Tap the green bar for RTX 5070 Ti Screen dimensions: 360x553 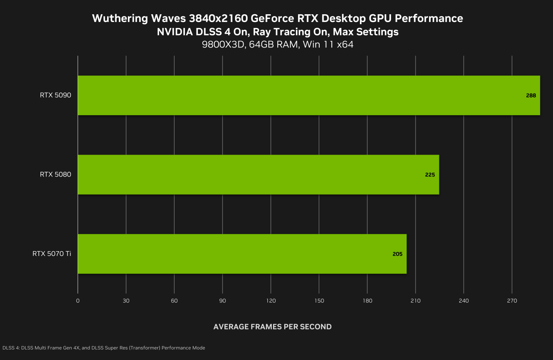242,254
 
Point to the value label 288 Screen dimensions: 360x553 531,95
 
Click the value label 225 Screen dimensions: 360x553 430,175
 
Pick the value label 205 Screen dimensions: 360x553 397,254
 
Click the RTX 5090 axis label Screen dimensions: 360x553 55,95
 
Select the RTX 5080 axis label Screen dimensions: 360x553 55,174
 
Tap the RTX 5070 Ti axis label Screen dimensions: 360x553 51,254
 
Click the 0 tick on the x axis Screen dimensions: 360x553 78,300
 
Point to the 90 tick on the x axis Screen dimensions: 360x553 222,300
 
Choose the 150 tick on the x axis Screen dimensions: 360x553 319,300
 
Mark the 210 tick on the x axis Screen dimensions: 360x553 415,300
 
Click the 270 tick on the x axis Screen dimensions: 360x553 512,300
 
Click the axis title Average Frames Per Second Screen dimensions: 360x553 272,327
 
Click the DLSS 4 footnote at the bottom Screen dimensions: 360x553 104,348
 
